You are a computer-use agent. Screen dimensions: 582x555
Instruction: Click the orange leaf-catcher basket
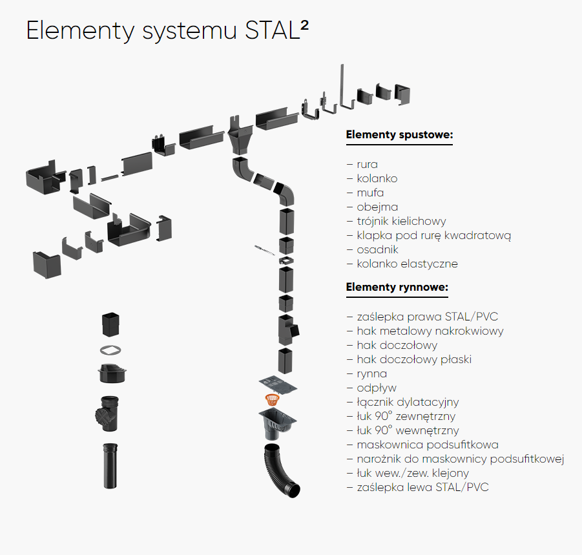pyautogui.click(x=272, y=399)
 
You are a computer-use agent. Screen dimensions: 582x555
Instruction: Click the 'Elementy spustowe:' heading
pyautogui.click(x=399, y=134)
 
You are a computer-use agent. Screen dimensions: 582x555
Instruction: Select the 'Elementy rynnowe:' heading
pyautogui.click(x=397, y=287)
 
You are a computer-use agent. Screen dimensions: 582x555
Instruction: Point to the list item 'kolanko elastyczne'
pyautogui.click(x=407, y=264)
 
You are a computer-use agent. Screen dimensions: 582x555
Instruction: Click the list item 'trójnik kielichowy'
pyautogui.click(x=401, y=221)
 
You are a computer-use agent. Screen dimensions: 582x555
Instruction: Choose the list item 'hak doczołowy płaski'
pyautogui.click(x=414, y=359)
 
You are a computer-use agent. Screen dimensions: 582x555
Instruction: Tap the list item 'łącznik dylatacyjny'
pyautogui.click(x=408, y=402)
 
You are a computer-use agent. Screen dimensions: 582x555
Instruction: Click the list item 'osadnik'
pyautogui.click(x=377, y=249)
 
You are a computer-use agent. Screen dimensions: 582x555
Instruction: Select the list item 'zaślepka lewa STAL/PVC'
pyautogui.click(x=422, y=487)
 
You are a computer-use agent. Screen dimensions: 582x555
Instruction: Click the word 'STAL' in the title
pyautogui.click(x=272, y=30)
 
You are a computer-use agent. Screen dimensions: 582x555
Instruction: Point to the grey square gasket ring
pyautogui.click(x=110, y=350)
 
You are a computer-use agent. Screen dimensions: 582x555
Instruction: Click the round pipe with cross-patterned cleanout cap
pyautogui.click(x=107, y=414)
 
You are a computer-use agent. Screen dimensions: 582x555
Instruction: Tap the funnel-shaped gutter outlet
pyautogui.click(x=240, y=136)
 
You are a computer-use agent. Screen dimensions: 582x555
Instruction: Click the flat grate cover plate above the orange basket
pyautogui.click(x=278, y=384)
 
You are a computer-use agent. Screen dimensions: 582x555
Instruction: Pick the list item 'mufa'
pyautogui.click(x=370, y=193)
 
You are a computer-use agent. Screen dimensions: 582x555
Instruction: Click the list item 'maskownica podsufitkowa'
pyautogui.click(x=427, y=445)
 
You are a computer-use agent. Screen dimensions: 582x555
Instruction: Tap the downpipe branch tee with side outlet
pyautogui.click(x=288, y=330)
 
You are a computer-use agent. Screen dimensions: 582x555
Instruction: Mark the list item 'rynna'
pyautogui.click(x=371, y=373)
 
